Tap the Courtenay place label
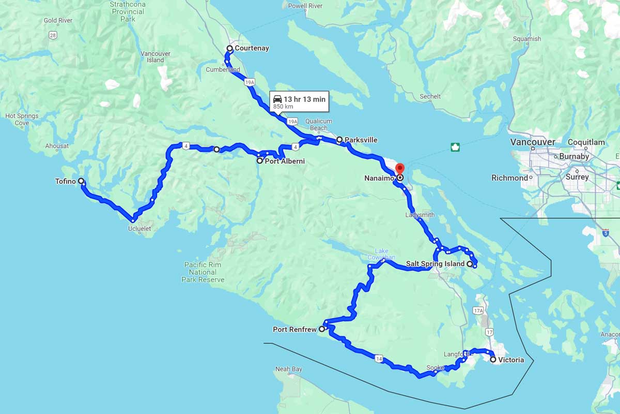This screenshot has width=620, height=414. [x=252, y=49]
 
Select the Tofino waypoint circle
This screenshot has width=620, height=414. [x=81, y=181]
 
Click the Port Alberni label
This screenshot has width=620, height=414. [x=284, y=161]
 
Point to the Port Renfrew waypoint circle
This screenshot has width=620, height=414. [x=321, y=329]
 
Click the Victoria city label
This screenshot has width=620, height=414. [x=511, y=360]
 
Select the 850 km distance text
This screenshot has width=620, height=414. [x=283, y=107]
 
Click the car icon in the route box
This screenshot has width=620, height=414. [x=277, y=99]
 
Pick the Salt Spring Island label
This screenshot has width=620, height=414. [x=435, y=264]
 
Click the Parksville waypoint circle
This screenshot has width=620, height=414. [x=339, y=139]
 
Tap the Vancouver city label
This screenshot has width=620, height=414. [x=532, y=142]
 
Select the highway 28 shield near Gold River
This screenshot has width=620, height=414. [x=53, y=35]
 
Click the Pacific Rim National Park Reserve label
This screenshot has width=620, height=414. [x=203, y=272]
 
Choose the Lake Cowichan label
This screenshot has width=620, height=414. [x=381, y=254]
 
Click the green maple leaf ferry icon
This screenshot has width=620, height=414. [x=455, y=147]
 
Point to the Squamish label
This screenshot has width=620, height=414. [x=527, y=39]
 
